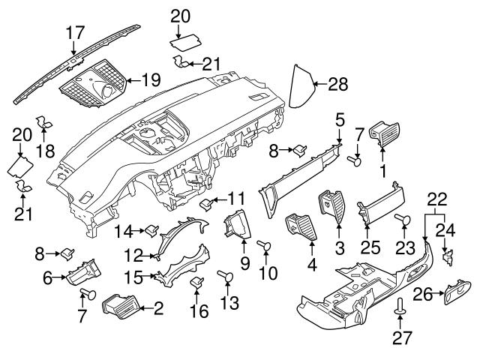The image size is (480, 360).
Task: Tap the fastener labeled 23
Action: [x=402, y=219]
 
